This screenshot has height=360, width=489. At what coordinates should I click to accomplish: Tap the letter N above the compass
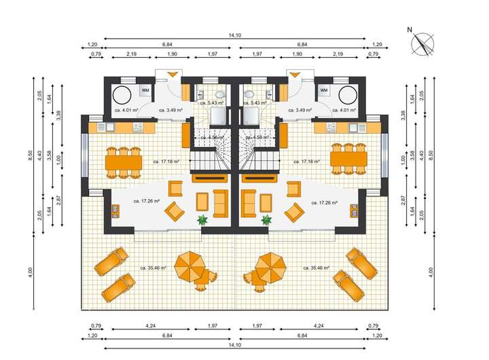click(410, 30)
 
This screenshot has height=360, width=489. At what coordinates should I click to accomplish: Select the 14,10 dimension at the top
click(235, 35)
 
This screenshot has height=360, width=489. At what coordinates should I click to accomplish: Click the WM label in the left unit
click(145, 90)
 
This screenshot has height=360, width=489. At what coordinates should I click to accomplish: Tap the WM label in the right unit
click(324, 90)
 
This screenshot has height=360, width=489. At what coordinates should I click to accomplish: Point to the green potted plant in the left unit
click(202, 220)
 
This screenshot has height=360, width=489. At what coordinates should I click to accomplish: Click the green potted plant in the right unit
click(267, 220)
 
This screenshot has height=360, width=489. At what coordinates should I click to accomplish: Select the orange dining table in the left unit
click(124, 161)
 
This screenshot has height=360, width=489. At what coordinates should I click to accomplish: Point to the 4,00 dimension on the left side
click(31, 272)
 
